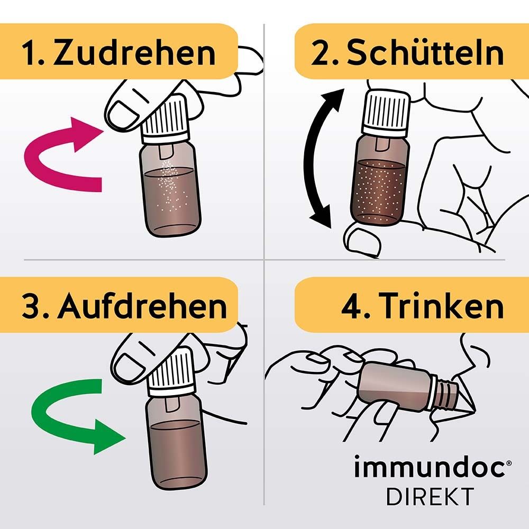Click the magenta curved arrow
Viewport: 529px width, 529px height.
pos(58,159)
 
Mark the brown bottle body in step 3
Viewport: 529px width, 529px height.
pos(175,444)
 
